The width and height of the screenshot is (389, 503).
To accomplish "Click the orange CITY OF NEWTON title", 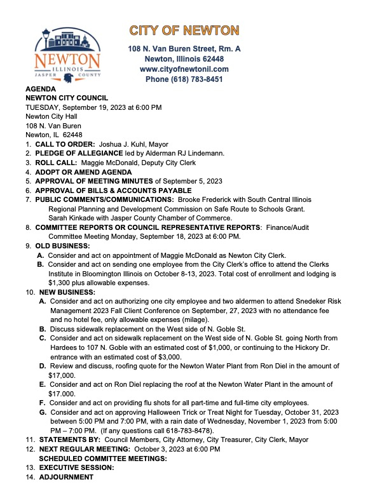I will [x=184, y=30].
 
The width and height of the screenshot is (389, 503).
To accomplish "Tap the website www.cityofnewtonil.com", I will [x=184, y=69].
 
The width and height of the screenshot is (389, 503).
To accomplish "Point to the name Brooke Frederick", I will [x=207, y=200].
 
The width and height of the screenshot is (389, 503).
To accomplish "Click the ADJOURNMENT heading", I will [x=64, y=476].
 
